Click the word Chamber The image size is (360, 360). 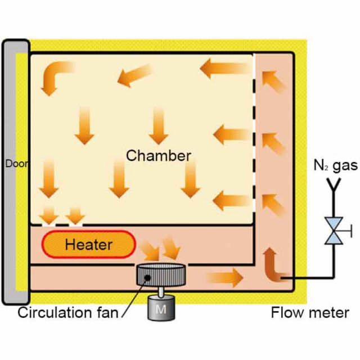(x=159, y=156)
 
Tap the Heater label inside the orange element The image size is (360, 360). (x=88, y=245)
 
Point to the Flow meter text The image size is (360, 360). (x=310, y=312)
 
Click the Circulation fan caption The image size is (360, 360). (x=71, y=312)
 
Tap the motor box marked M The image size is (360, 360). (x=161, y=308)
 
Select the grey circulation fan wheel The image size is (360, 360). (x=161, y=275)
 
